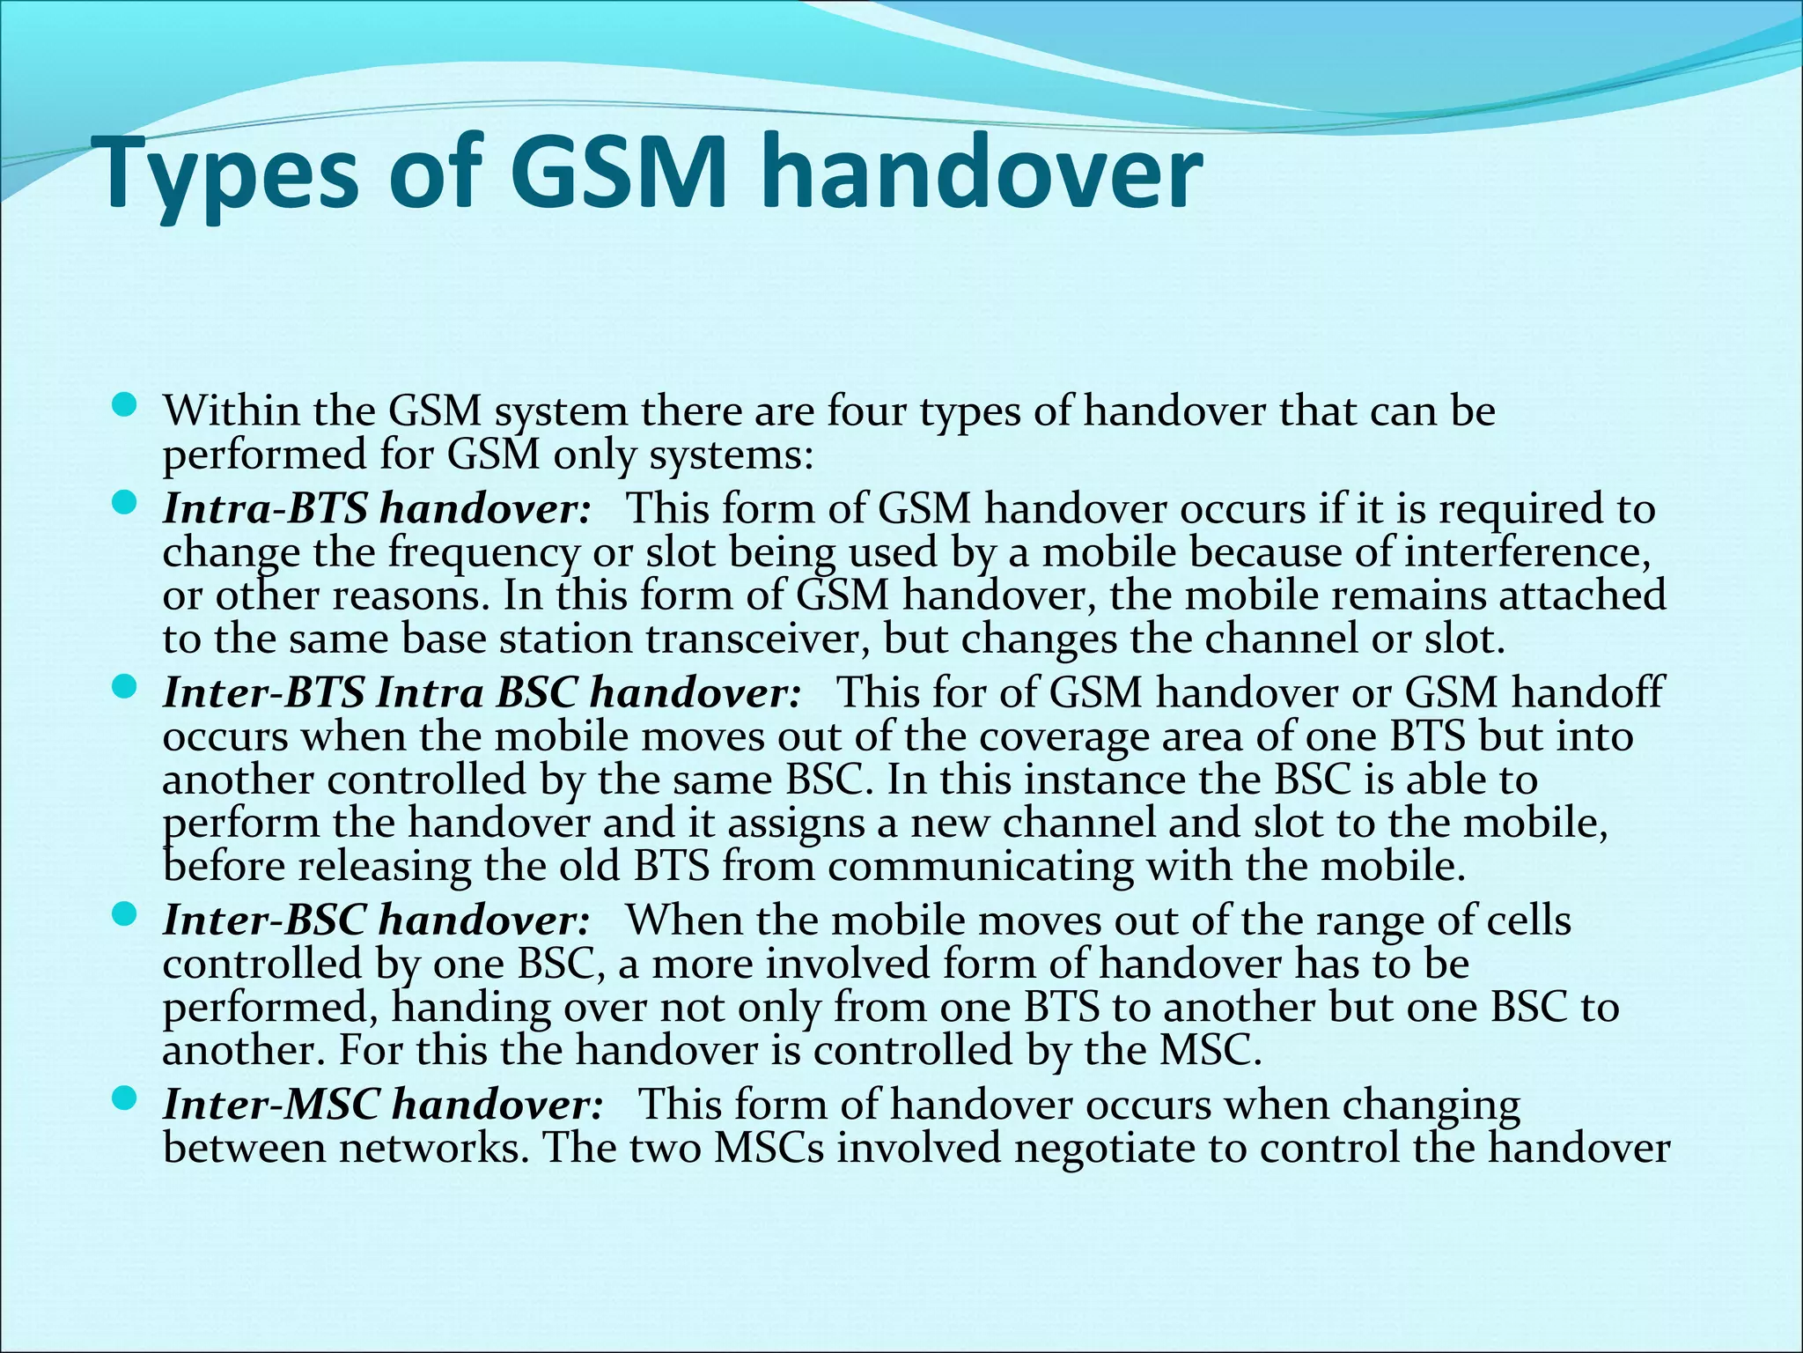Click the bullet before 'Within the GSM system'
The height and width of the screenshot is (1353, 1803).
pos(125,406)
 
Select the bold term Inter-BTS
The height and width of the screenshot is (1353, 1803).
pos(263,693)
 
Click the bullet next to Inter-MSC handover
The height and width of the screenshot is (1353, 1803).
pos(125,1098)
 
